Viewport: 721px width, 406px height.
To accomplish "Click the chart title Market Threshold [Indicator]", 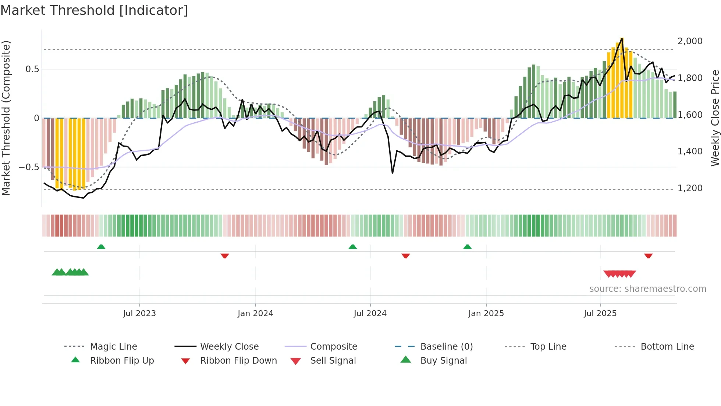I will pos(94,10).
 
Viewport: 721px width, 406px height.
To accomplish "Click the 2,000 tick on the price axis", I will pos(690,41).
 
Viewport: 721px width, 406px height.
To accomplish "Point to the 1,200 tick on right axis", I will pos(690,188).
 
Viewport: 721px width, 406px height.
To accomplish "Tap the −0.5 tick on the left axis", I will pos(29,167).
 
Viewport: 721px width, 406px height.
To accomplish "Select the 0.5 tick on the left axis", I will pos(32,69).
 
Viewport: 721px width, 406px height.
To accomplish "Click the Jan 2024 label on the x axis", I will pos(255,314).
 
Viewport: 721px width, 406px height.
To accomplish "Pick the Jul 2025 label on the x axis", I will pos(600,314).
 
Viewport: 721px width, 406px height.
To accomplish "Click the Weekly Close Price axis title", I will pos(715,118).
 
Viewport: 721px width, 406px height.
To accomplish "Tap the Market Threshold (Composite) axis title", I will pos(6,118).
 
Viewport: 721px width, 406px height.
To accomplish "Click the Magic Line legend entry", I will pos(113,347).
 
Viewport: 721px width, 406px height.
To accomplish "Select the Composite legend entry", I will pos(333,347).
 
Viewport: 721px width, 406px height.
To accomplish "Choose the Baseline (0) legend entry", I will pos(446,347).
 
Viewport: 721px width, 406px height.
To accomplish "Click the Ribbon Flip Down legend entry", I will pos(238,361).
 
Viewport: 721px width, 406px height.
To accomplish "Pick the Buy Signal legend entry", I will pos(443,361).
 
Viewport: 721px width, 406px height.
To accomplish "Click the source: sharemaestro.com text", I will pos(647,289).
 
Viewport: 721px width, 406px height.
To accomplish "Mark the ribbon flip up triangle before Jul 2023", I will pos(101,247).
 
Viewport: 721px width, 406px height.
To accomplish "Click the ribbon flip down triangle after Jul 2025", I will pos(648,256).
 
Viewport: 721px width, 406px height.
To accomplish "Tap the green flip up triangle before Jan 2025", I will pos(467,247).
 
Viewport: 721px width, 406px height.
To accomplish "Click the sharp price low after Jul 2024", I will pos(393,173).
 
